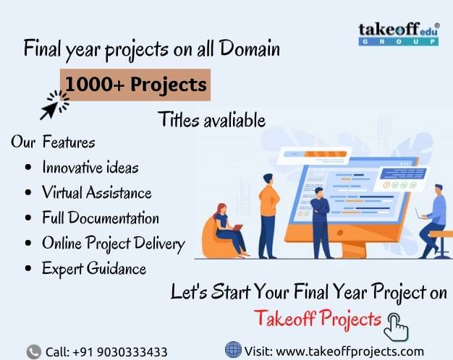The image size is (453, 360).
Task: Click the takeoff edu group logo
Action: click(x=399, y=34)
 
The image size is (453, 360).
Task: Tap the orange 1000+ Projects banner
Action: click(x=135, y=85)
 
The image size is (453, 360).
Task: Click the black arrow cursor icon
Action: click(x=54, y=105)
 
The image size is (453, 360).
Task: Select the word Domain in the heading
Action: click(x=250, y=48)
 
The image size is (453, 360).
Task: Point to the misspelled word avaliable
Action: click(x=234, y=120)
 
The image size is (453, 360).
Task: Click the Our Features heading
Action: click(x=53, y=142)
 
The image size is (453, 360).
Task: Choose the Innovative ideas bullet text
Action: click(x=90, y=168)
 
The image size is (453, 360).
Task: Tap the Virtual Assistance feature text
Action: click(x=97, y=192)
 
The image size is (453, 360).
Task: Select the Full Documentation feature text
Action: click(x=101, y=218)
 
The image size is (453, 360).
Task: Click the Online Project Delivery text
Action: click(x=113, y=244)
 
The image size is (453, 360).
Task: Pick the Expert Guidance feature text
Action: click(x=94, y=269)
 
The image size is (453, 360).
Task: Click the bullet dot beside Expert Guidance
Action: click(x=28, y=268)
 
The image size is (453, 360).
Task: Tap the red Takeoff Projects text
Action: click(x=318, y=319)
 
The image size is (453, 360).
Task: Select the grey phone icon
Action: click(x=34, y=352)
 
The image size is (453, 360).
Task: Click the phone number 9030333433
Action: click(x=132, y=352)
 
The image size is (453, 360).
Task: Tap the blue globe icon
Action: click(x=233, y=349)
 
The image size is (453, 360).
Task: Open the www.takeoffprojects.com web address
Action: click(x=350, y=351)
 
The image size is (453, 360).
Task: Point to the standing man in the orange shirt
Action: click(x=268, y=216)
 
